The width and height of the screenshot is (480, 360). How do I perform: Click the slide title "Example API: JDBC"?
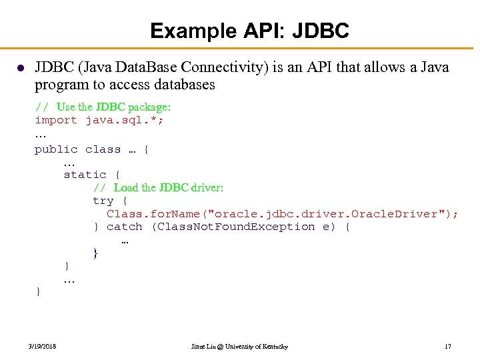coord(249,31)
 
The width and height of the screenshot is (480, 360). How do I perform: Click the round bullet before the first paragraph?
coord(21,68)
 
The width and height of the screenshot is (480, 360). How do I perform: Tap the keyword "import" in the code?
coord(56,120)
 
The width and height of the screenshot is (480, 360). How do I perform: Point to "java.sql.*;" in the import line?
coord(125,120)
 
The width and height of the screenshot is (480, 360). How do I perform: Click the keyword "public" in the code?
coord(56,149)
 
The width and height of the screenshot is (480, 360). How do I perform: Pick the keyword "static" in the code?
coord(85,175)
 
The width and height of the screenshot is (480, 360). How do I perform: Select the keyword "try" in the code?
coord(103,201)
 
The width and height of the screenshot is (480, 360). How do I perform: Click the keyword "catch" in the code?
coord(124,227)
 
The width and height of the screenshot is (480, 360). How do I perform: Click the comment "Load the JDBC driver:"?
coord(169,187)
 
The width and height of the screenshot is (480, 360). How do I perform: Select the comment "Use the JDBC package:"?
coord(113,107)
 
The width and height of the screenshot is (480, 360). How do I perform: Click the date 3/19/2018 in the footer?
coord(43,347)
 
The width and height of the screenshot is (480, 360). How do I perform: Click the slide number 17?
coord(447,347)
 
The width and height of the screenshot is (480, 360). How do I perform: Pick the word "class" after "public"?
coord(103,149)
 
